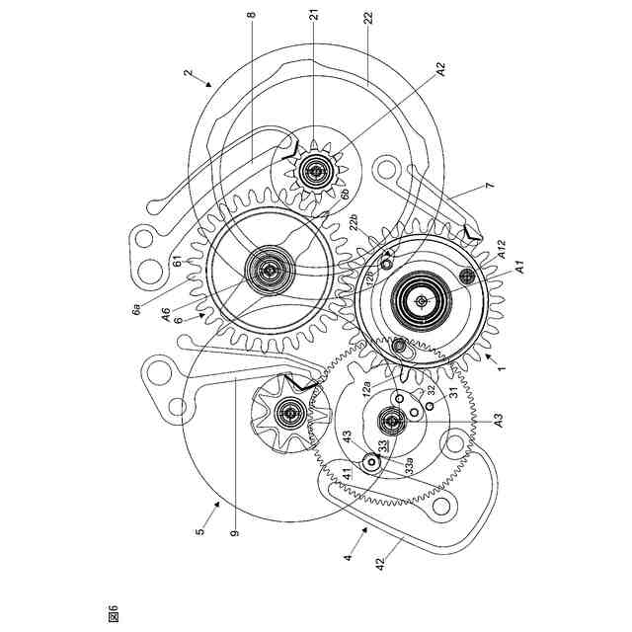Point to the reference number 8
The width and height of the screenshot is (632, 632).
click(x=253, y=18)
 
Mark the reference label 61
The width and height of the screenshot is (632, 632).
click(x=175, y=261)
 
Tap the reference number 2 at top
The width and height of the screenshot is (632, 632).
click(x=187, y=73)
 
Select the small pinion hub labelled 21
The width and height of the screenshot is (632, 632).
click(x=315, y=172)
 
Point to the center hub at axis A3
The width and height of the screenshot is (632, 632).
click(x=392, y=424)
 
